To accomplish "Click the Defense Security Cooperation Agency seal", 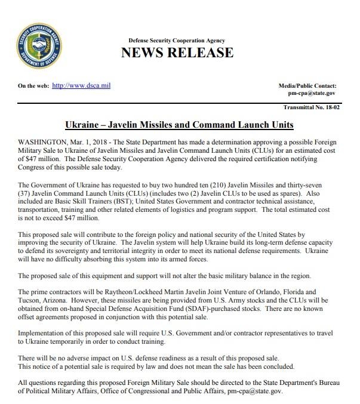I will click(x=35, y=47).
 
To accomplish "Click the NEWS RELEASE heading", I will click(x=177, y=53).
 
